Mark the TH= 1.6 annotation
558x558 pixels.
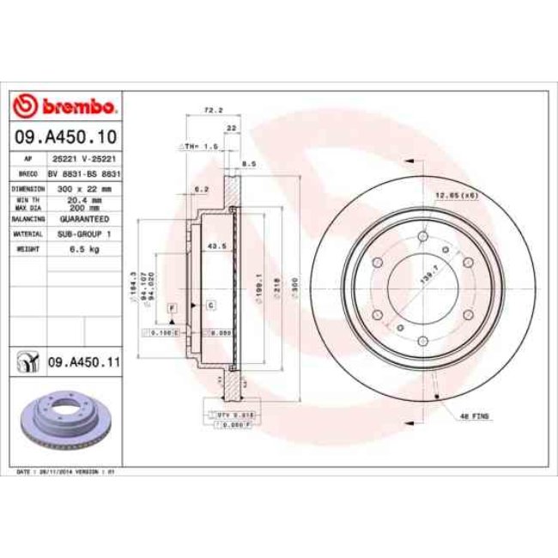[x=200, y=147]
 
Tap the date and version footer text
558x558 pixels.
[x=65, y=472]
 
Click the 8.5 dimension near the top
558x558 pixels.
[x=246, y=163]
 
